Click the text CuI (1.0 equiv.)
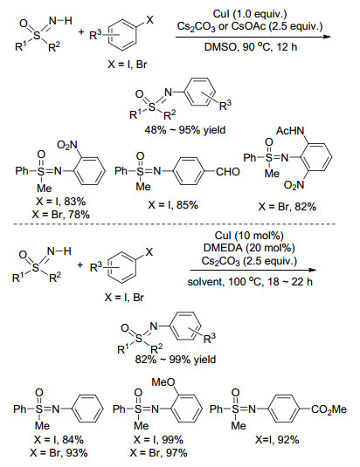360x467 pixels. [250, 14]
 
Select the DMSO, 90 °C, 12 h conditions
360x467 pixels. [251, 47]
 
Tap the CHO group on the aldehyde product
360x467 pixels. [228, 172]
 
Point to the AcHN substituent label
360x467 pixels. [290, 131]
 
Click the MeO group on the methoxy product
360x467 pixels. [163, 382]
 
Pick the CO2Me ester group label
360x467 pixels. [329, 409]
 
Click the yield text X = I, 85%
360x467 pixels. [173, 205]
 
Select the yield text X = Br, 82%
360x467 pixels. [287, 206]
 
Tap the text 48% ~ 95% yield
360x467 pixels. [185, 130]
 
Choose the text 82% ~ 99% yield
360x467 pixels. [176, 360]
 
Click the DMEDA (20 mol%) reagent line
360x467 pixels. [249, 248]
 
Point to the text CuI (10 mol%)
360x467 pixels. [249, 236]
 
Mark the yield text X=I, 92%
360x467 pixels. [277, 440]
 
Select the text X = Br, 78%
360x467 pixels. [61, 215]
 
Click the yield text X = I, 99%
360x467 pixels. [158, 440]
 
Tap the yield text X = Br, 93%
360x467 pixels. [59, 453]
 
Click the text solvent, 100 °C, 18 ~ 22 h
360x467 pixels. [250, 282]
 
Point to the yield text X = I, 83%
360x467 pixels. [61, 202]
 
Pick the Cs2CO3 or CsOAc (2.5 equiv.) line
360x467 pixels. [250, 26]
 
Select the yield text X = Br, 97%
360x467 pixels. [158, 453]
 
